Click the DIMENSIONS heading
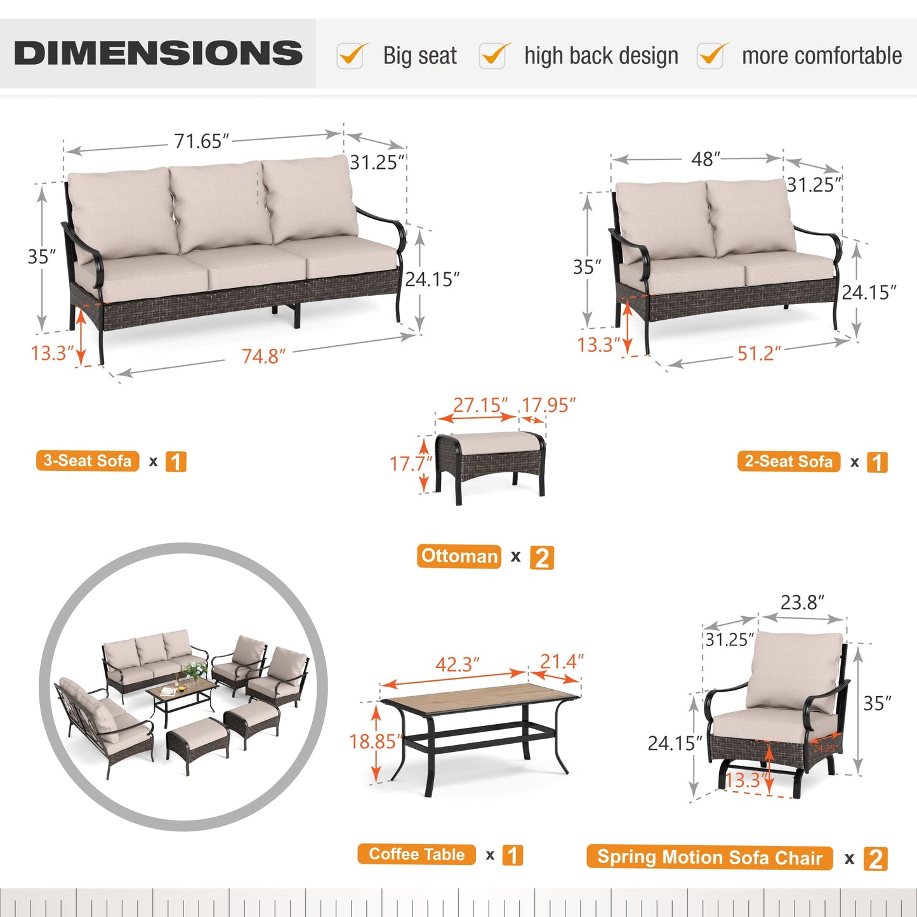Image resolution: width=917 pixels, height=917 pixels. coord(158,53)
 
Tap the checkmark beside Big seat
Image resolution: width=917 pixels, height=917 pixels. coord(351,56)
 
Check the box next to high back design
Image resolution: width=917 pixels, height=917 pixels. coord(493,56)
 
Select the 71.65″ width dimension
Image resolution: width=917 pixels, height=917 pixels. coord(201,141)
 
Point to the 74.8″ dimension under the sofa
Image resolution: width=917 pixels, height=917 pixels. coord(263,356)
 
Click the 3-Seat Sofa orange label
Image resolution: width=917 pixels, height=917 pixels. coord(88,461)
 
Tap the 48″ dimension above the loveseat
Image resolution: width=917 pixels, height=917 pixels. coord(706,159)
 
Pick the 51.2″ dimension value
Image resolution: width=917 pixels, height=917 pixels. coord(758,353)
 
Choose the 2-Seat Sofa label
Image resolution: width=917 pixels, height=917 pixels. coord(788,461)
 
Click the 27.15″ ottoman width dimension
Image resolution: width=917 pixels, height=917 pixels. coord(480,405)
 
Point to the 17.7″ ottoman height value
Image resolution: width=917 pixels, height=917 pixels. coord(409,463)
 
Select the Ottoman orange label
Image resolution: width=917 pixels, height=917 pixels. coord(459,557)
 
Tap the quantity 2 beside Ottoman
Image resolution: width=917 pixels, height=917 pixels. coord(542,558)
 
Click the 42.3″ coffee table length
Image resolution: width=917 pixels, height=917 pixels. coord(457,664)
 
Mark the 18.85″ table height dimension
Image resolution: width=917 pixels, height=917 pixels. coord(376,741)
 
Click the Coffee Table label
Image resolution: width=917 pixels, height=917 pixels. coord(417,854)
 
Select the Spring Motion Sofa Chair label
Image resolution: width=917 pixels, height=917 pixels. coord(709,857)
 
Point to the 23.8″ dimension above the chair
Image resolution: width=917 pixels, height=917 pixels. coord(802,602)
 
